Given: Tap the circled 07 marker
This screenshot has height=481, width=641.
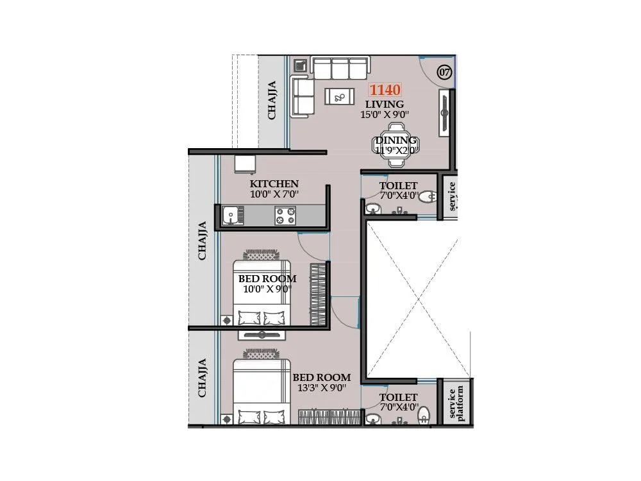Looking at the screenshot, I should [444, 72].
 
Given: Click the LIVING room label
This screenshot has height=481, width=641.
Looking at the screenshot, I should [385, 104].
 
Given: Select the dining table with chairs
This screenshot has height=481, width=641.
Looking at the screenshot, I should [396, 146].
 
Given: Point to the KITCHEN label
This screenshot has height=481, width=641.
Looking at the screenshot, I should [274, 183].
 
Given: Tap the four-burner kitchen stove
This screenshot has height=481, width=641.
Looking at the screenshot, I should [285, 215].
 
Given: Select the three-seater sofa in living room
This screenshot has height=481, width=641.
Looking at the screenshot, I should [340, 67].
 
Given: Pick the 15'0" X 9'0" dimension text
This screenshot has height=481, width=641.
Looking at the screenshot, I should [385, 115].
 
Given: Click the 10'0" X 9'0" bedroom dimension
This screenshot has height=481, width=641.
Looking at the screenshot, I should [267, 289].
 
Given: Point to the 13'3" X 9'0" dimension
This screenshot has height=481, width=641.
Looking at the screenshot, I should [322, 387].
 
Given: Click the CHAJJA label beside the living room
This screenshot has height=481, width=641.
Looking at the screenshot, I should [272, 99].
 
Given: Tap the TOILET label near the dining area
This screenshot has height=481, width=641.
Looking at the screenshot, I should [398, 186].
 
